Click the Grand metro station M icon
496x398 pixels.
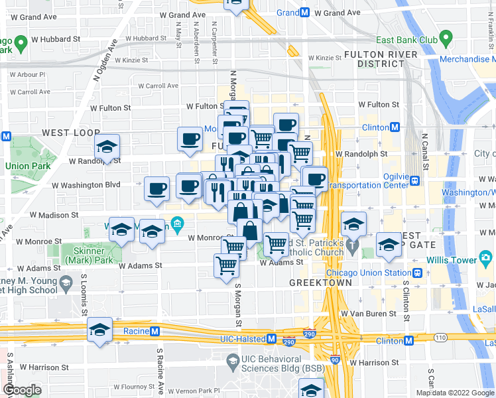coord(305,13)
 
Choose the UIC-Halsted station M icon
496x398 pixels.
coord(271,339)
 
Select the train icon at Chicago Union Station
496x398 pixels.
coord(418,273)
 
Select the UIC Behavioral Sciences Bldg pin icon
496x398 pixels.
coord(231,362)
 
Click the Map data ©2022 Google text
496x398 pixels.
coord(455,393)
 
